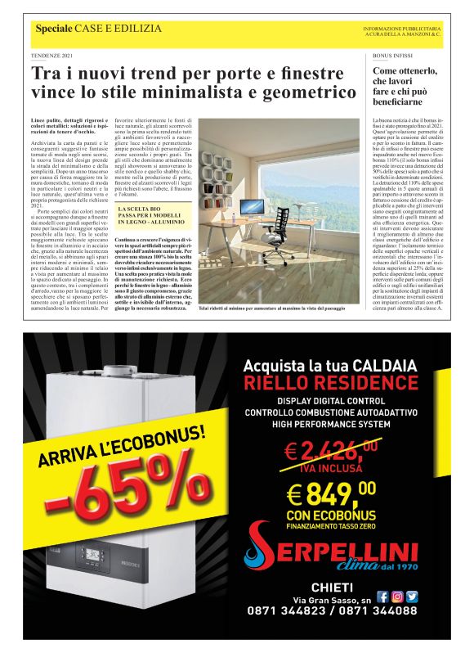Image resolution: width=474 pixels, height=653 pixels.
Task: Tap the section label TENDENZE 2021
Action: (x=53, y=56)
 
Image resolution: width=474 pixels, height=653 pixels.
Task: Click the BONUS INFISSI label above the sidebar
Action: (x=392, y=56)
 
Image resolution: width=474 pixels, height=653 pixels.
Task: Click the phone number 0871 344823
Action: (x=283, y=610)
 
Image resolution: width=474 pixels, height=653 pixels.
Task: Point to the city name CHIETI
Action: (x=331, y=587)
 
